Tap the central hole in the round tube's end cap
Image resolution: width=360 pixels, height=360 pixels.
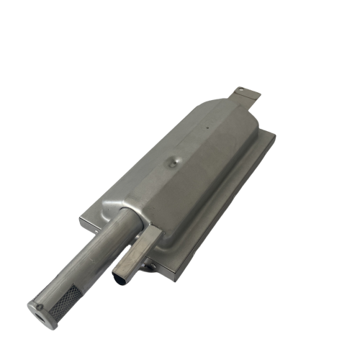35,310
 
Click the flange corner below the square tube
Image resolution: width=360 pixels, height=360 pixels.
173,277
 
